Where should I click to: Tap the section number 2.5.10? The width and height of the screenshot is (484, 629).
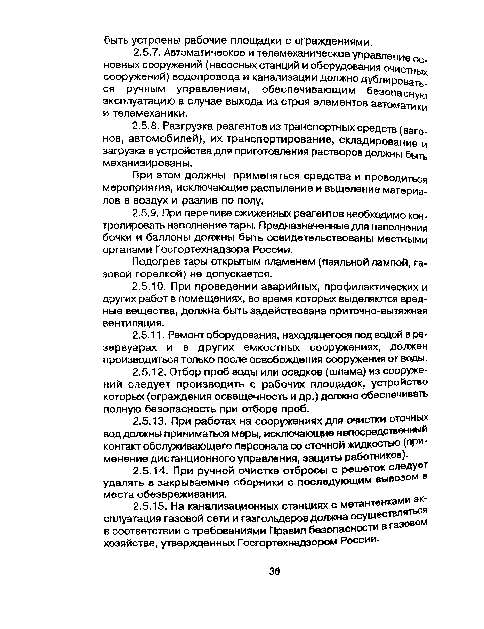point(148,287)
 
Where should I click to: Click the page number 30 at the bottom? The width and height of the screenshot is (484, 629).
point(275,571)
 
